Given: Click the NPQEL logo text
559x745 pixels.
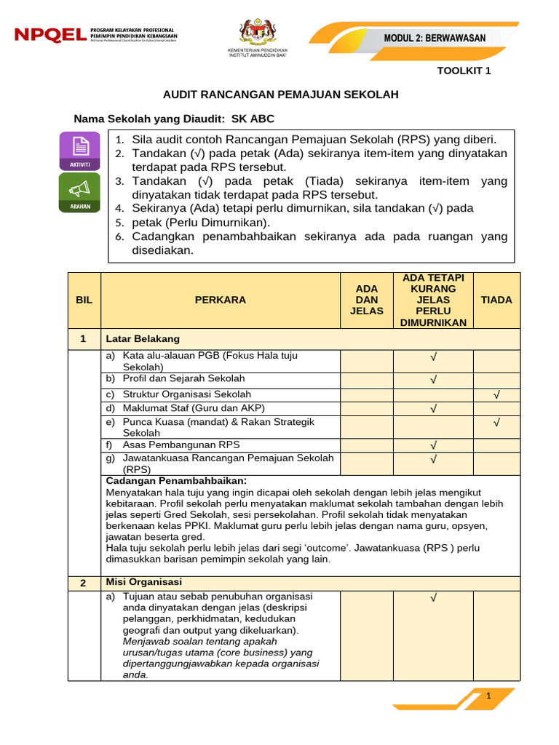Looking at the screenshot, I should [x=49, y=35].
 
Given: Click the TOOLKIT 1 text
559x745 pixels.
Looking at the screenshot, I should [x=464, y=71].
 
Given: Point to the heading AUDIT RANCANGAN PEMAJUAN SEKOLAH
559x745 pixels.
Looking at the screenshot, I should [x=280, y=95].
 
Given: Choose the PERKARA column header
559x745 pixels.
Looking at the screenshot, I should [x=221, y=300].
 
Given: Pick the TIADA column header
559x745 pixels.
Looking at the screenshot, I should [x=496, y=300].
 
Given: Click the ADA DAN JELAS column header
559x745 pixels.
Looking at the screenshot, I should [x=367, y=300].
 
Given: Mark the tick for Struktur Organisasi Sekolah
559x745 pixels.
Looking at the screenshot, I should [x=496, y=395].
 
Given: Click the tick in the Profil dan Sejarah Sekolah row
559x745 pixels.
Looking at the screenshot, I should [x=433, y=380].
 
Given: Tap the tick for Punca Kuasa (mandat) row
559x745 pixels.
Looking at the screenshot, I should [x=496, y=422].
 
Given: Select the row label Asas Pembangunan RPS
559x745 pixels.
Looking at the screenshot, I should [x=181, y=445].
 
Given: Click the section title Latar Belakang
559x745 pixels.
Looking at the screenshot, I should [x=143, y=339].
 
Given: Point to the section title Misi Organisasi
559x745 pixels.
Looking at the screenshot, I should [x=144, y=582].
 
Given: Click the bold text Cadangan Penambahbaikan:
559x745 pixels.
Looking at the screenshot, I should [x=176, y=481].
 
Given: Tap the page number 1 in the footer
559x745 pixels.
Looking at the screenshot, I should [x=489, y=696].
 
